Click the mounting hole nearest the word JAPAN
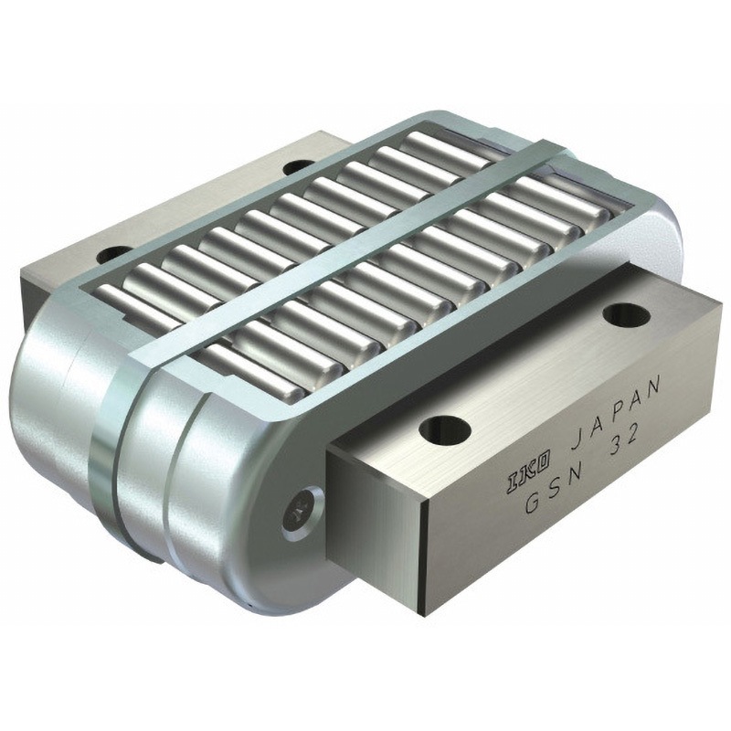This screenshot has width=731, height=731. pyautogui.click(x=626, y=315)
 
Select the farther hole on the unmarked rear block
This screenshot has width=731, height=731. pyautogui.click(x=298, y=165)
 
